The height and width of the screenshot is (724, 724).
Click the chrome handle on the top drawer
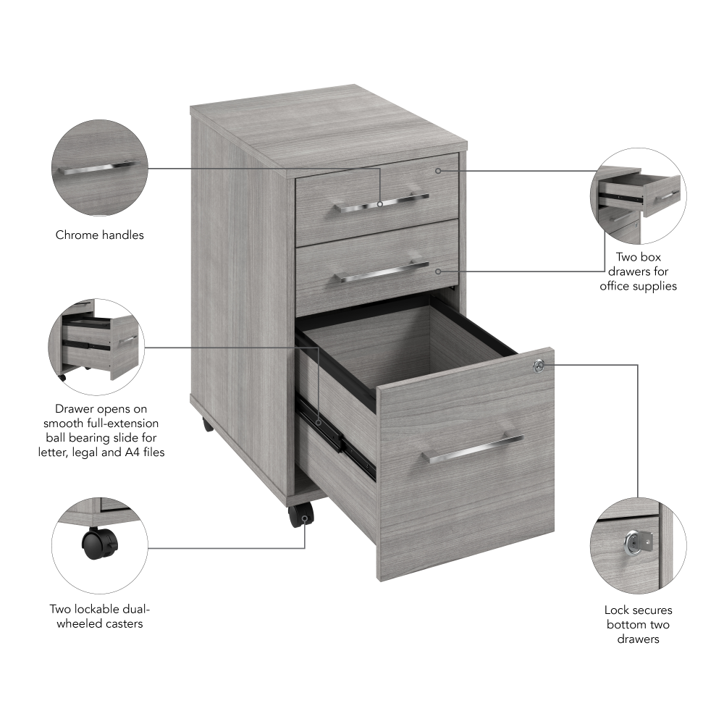coord(382,203)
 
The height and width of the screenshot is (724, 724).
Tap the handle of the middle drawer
coord(384,271)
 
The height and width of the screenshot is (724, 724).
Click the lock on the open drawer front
coord(538,366)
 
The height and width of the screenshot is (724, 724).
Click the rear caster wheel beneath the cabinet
coord(208,424)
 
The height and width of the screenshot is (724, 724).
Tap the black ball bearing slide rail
coord(337,438)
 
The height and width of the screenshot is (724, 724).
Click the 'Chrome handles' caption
coord(100,235)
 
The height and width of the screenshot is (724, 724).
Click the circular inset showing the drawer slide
coord(100,345)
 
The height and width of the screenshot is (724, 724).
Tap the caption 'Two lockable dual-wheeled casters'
coord(100,616)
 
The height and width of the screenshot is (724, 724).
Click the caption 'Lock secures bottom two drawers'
coord(639,624)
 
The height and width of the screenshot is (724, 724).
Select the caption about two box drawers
coord(639,271)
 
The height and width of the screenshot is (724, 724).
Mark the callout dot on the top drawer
coord(438,171)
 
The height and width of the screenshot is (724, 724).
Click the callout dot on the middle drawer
coord(438,271)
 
